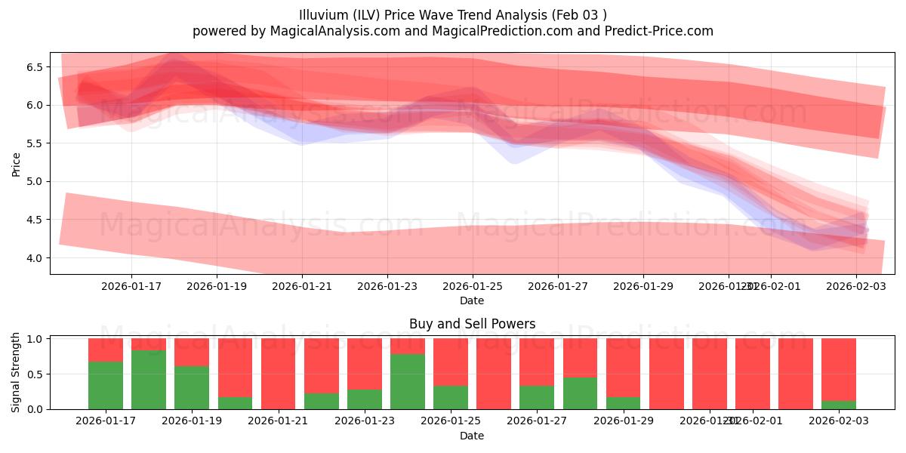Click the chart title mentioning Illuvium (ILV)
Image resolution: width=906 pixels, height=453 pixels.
pyautogui.click(x=452, y=14)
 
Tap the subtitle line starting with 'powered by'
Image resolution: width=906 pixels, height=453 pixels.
pyautogui.click(x=452, y=31)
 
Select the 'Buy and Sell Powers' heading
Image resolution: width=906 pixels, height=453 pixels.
pyautogui.click(x=472, y=324)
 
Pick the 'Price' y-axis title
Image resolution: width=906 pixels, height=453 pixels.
pyautogui.click(x=17, y=163)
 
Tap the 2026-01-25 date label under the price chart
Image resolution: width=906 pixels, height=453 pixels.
pyautogui.click(x=473, y=286)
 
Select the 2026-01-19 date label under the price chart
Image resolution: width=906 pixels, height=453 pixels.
pyautogui.click(x=217, y=286)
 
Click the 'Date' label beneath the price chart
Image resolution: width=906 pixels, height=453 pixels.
pyautogui.click(x=472, y=300)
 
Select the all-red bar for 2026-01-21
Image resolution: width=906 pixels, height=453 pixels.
pyautogui.click(x=278, y=374)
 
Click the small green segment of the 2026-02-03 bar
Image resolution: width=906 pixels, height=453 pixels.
pyautogui.click(x=838, y=405)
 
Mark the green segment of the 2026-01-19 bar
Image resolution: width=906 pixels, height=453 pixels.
pyautogui.click(x=192, y=387)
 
